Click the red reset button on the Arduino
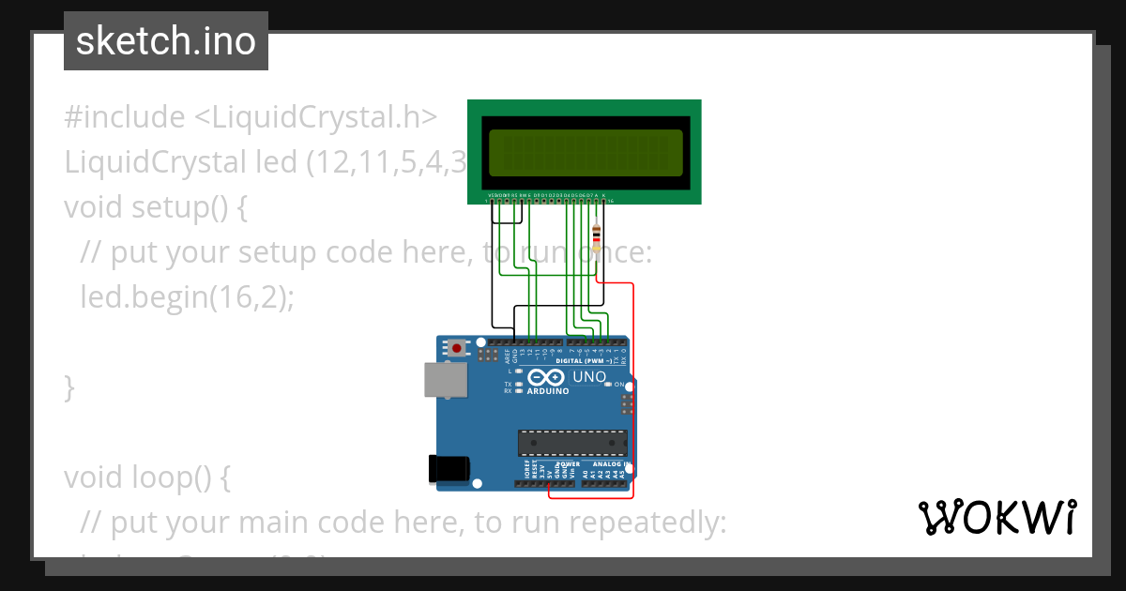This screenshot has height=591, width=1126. pos(457,348)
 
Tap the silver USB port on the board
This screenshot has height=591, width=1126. pos(444,381)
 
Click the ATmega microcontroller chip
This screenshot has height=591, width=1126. pos(572,442)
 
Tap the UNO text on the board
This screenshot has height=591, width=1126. pos(589,377)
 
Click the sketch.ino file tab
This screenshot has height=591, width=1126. pos(166,41)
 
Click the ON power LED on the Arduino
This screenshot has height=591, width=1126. pos(609,385)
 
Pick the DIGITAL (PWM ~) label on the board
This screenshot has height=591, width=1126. pos(586,360)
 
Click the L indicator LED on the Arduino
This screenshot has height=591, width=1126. pos(518,371)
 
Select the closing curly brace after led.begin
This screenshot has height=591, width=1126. pos(68,386)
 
